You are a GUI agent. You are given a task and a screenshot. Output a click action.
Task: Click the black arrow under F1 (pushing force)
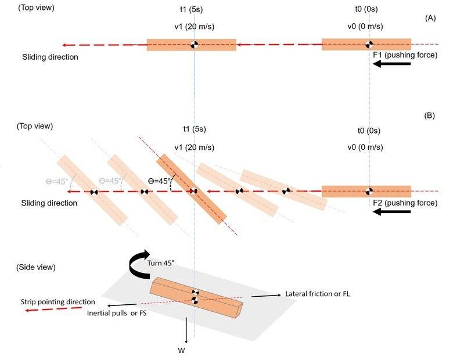click(392, 64)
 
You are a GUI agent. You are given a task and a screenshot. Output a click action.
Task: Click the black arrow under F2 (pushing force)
click(392, 211)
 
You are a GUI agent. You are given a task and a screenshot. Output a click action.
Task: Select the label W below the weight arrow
click(181, 351)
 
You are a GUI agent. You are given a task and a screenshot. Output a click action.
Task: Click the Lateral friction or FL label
click(318, 294)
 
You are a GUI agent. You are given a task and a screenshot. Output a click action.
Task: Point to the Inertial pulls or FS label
click(117, 313)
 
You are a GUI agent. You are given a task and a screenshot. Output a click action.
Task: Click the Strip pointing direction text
click(57, 302)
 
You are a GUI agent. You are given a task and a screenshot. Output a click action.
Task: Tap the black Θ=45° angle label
click(160, 181)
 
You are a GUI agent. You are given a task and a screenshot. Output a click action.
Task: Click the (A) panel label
click(430, 18)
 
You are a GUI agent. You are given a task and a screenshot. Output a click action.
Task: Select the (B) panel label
click(429, 116)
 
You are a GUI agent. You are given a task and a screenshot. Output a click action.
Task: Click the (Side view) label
click(36, 267)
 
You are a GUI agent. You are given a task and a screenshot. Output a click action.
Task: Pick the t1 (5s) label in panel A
click(192, 9)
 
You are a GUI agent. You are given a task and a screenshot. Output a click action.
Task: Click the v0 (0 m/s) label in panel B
click(365, 147)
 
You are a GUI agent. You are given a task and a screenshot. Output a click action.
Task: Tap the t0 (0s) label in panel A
click(366, 9)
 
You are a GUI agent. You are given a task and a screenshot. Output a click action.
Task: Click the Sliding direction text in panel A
click(50, 57)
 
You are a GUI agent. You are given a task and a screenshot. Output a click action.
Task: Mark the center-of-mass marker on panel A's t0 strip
click(369, 44)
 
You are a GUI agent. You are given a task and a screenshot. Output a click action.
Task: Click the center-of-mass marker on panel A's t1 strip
click(194, 45)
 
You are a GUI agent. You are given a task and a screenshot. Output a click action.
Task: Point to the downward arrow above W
click(186, 330)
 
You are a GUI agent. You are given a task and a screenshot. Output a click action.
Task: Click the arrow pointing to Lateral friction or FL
click(266, 296)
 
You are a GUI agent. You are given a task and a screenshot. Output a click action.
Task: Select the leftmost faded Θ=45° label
click(57, 181)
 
